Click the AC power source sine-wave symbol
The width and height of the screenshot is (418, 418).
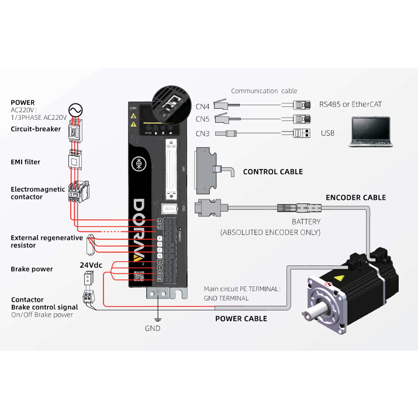pyautogui.click(x=75, y=110)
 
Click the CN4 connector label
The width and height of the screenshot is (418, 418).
pyautogui.click(x=203, y=106)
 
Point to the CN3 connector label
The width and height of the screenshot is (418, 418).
pyautogui.click(x=203, y=133)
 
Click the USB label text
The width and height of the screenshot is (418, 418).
pyautogui.click(x=328, y=133)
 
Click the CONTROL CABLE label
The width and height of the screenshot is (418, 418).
pyautogui.click(x=272, y=172)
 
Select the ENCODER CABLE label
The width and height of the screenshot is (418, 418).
pyautogui.click(x=355, y=198)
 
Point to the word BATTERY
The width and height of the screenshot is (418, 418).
pyautogui.click(x=306, y=222)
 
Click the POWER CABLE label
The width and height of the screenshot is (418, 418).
pyautogui.click(x=241, y=319)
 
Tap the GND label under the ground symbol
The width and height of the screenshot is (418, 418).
pyautogui.click(x=153, y=329)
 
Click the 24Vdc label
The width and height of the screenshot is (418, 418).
pyautogui.click(x=91, y=265)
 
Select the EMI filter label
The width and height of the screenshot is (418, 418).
pyautogui.click(x=25, y=162)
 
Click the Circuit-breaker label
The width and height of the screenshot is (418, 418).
pyautogui.click(x=36, y=129)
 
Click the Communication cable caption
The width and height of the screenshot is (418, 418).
pyautogui.click(x=264, y=91)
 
